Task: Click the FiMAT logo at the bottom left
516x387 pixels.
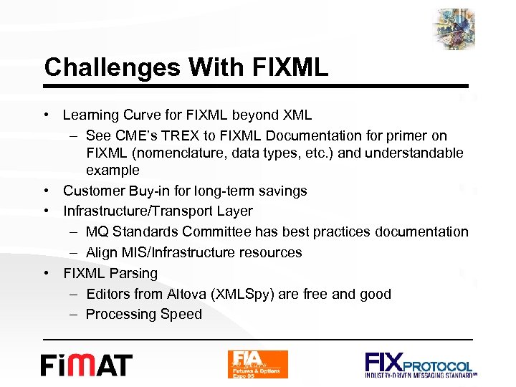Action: [86, 365]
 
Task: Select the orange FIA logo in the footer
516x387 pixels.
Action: [257, 364]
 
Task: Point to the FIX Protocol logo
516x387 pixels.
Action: [420, 364]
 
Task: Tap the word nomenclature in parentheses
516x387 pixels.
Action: [181, 153]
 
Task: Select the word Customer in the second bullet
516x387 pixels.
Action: [91, 191]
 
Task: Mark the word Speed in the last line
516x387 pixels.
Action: [182, 314]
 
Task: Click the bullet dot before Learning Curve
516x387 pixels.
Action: [47, 115]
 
